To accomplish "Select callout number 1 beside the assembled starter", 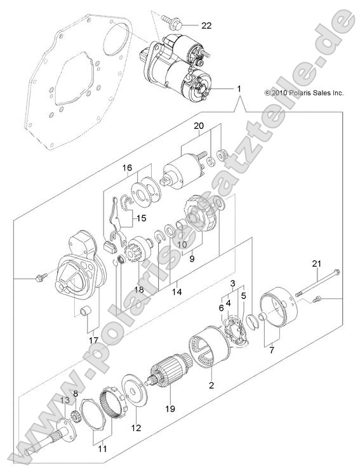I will coord(239,91).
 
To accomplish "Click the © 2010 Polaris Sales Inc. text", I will coord(303,93).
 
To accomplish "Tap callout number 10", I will coord(182,244).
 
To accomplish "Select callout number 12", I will coord(135,427).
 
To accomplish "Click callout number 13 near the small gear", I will coord(64,399).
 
